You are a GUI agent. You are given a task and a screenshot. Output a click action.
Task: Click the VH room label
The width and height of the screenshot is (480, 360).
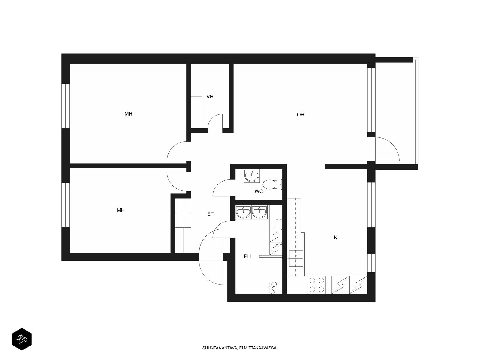pos(210,96)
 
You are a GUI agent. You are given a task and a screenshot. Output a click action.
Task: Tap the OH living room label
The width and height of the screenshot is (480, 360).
pos(300,115)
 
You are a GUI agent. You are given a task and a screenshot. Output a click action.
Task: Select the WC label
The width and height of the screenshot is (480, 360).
pos(259,191)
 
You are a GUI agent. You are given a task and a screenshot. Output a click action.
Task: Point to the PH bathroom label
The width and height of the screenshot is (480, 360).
pos(247,256)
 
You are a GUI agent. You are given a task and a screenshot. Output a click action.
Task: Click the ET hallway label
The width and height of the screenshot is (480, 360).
pos(210,214)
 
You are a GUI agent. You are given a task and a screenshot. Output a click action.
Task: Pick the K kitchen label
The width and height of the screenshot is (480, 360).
pos(335,238)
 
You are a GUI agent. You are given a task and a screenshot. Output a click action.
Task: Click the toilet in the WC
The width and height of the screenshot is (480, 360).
pos(272,184)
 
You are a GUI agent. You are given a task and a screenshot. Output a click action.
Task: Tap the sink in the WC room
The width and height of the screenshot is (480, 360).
pos(252,176)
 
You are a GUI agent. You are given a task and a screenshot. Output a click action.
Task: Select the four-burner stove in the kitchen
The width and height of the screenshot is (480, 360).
pos(317,285)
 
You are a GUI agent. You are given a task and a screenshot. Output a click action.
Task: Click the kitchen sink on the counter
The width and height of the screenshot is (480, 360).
pos(296,259)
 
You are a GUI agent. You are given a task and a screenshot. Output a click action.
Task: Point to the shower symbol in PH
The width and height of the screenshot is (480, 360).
pos(272,288)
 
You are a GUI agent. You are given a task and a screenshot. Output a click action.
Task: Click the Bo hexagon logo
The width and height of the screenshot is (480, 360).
pos(22,339)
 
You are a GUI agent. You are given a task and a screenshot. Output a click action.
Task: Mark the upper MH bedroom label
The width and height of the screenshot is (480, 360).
pos(128,114)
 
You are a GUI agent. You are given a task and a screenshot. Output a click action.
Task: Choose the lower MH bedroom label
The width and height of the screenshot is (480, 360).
pos(121,210)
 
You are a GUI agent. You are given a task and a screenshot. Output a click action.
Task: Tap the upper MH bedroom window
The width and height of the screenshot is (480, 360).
pos(66,106)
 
